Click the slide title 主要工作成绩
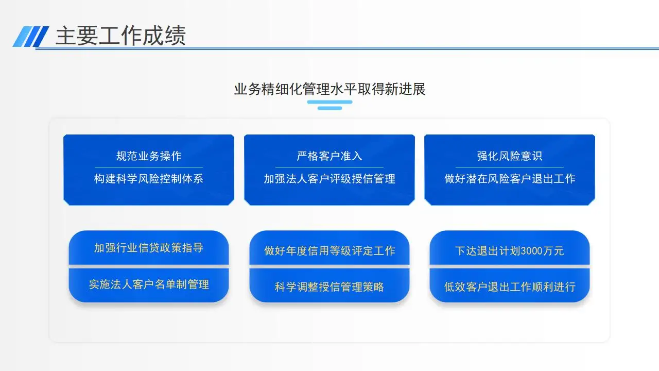point(120,36)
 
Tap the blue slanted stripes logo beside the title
point(31,37)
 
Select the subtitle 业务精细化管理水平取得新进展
point(330,89)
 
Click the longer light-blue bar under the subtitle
point(330,102)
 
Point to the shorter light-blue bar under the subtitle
point(330,108)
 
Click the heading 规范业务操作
point(149,156)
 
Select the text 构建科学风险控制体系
point(149,178)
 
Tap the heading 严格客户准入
point(329,156)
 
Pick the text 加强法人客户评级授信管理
point(329,178)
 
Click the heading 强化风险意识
point(510,156)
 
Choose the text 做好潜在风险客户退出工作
point(510,178)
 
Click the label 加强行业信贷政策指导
point(149,248)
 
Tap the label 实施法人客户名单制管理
point(149,284)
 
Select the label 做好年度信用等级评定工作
point(329,250)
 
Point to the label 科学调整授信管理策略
point(329,286)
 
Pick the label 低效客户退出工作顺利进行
point(510,286)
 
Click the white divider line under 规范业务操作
point(149,167)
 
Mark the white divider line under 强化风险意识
point(510,167)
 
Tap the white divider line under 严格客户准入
point(329,167)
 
